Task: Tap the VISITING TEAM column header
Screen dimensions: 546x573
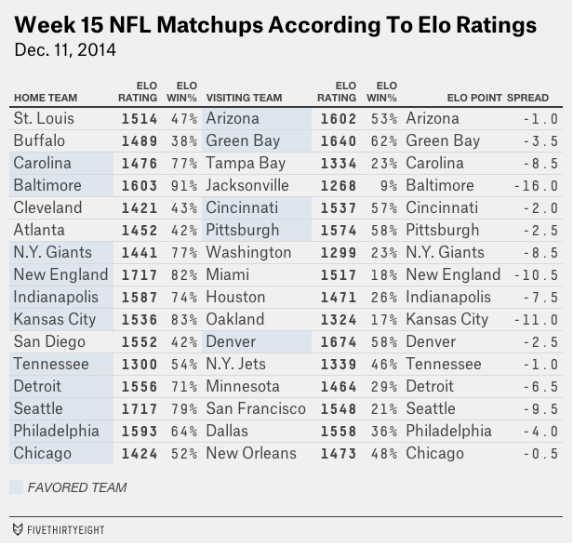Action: click(x=244, y=97)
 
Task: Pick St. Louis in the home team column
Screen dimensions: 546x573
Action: click(x=44, y=119)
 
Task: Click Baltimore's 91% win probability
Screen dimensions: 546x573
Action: click(x=185, y=186)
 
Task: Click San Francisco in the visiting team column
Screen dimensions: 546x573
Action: click(x=256, y=409)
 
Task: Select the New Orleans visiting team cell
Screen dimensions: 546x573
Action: click(x=251, y=454)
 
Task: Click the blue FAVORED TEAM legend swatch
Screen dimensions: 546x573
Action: click(x=16, y=487)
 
